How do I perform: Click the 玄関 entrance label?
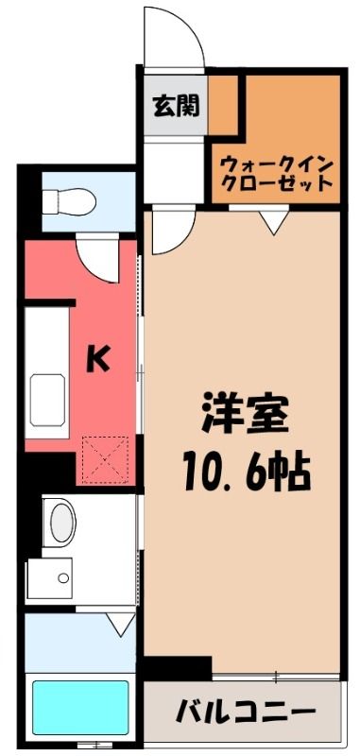click(x=176, y=106)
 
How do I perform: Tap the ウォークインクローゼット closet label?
click(x=278, y=174)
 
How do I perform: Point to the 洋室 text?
click(x=245, y=416)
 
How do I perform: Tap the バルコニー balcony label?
click(x=246, y=710)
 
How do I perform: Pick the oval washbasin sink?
click(x=63, y=524)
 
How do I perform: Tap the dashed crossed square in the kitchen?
click(x=105, y=459)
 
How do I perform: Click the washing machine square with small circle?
click(x=50, y=578)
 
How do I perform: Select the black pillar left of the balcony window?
click(x=178, y=668)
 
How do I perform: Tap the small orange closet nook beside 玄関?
click(x=223, y=105)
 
